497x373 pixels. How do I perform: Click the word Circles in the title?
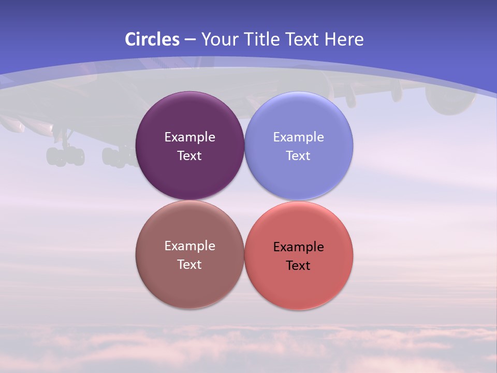pyautogui.click(x=152, y=39)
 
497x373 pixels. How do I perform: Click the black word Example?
pyautogui.click(x=299, y=247)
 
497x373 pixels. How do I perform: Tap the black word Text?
pyautogui.click(x=299, y=266)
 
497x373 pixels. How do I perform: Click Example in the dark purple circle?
pyautogui.click(x=190, y=137)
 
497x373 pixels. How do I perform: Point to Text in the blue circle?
pyautogui.click(x=299, y=156)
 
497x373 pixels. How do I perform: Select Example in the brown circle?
pyautogui.click(x=190, y=246)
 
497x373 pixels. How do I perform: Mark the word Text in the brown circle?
pyautogui.click(x=190, y=265)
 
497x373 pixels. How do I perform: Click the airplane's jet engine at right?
pyautogui.click(x=449, y=101)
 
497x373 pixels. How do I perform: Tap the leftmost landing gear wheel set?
pyautogui.click(x=65, y=156)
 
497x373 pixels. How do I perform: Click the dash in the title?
pyautogui.click(x=190, y=39)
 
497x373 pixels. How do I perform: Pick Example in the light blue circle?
pyautogui.click(x=299, y=137)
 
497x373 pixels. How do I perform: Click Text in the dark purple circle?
pyautogui.click(x=190, y=156)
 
